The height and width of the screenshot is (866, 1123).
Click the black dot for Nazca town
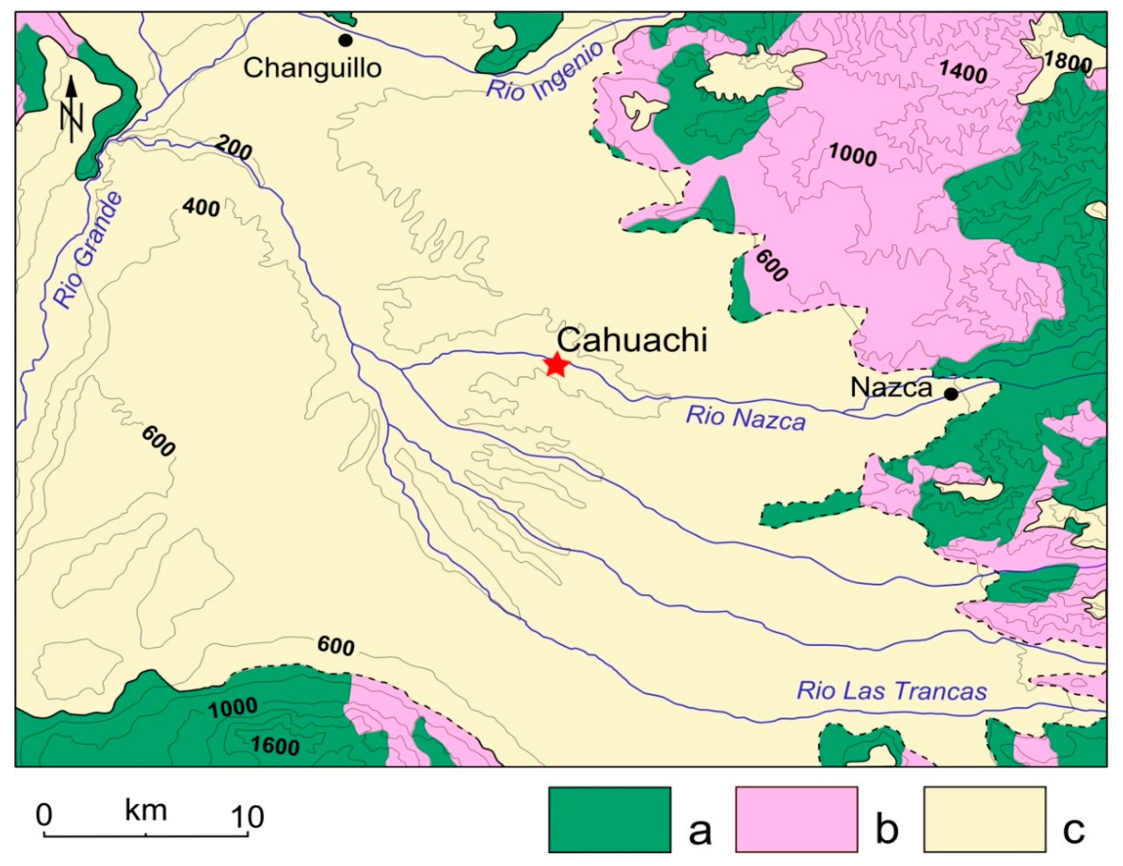click(951, 394)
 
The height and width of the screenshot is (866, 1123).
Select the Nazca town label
click(891, 387)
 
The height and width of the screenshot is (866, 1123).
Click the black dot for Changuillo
click(345, 40)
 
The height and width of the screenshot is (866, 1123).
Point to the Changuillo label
click(312, 67)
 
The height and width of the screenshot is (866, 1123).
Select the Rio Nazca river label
click(746, 418)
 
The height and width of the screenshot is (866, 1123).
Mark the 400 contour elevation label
click(201, 208)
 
